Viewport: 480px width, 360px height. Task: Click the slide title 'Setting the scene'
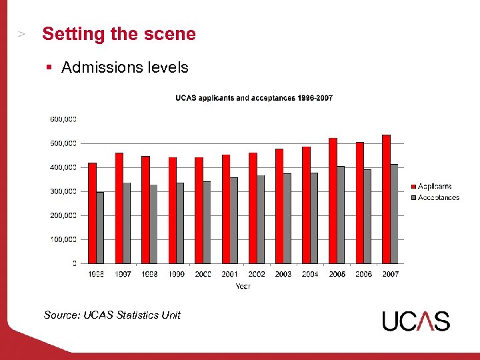[x=119, y=34]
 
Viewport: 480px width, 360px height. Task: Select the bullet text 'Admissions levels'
[x=125, y=67]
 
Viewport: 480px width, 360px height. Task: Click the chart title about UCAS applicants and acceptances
[x=254, y=98]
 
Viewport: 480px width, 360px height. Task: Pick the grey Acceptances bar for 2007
[x=394, y=213]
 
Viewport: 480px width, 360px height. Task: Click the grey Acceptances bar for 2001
[x=234, y=220]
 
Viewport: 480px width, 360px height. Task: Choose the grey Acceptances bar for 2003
[x=287, y=218]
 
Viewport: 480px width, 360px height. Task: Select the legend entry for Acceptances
[x=437, y=197]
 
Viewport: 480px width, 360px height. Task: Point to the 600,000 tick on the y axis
[x=63, y=119]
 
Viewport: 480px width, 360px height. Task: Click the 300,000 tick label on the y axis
[x=63, y=191]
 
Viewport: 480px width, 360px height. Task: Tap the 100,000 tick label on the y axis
[x=63, y=239]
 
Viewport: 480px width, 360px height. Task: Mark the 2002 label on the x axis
[x=257, y=274]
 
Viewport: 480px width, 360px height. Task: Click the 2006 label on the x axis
[x=363, y=274]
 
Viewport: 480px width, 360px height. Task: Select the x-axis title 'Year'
[x=243, y=286]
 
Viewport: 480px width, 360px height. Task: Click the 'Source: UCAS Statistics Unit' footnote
[x=112, y=315]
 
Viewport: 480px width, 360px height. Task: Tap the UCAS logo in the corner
[x=416, y=321]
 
